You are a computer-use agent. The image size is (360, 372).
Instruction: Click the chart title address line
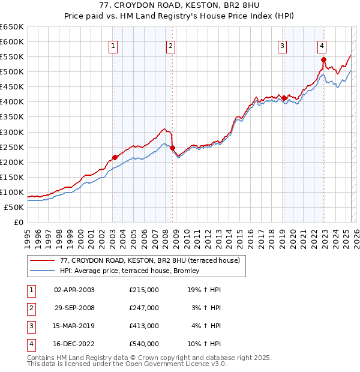pyautogui.click(x=180, y=5)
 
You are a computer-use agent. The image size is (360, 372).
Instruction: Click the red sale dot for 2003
pyautogui.click(x=115, y=158)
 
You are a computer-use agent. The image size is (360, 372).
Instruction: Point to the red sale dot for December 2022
pyautogui.click(x=323, y=59)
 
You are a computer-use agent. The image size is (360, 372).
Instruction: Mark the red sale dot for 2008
pyautogui.click(x=172, y=148)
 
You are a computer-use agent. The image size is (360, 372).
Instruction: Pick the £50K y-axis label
pyautogui.click(x=14, y=207)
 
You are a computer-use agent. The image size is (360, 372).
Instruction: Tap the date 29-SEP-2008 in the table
pyautogui.click(x=74, y=308)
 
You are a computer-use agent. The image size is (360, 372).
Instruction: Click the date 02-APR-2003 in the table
pyautogui.click(x=74, y=290)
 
